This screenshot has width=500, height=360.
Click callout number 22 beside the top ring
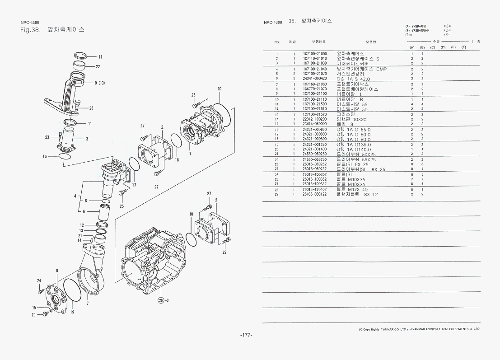(98, 66)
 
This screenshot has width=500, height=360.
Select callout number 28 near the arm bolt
(91, 108)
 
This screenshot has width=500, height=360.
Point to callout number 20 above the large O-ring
(219, 89)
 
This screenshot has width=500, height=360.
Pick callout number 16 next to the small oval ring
(45, 156)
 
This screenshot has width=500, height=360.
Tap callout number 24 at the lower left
(39, 281)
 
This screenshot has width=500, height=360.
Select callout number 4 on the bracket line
(75, 196)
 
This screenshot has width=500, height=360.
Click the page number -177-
(246, 335)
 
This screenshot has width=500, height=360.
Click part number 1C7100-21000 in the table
(315, 54)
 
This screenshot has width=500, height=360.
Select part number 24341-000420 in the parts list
(315, 79)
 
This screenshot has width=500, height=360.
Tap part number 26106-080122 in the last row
(315, 194)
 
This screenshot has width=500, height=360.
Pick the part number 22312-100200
(315, 119)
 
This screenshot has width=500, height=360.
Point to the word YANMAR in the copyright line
(388, 329)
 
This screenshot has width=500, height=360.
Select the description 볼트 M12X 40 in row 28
(352, 190)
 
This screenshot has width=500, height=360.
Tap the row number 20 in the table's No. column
(276, 149)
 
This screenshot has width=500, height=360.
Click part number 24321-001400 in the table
(315, 149)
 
